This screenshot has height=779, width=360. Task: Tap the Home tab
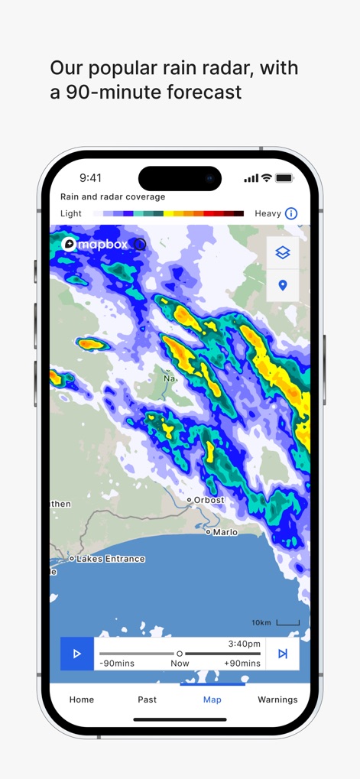point(82,699)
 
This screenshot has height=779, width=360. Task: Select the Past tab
point(148,699)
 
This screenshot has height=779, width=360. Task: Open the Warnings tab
point(277,699)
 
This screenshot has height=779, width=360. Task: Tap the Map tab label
point(212,699)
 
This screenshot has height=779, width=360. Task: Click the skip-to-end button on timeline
point(282,654)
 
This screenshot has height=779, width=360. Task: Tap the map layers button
point(283,253)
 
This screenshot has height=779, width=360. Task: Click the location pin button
point(283,285)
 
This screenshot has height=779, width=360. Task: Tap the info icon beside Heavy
point(291,214)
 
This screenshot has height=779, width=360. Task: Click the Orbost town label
point(209,500)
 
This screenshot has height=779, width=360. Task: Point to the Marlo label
point(225,531)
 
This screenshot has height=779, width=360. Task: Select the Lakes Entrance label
point(111,559)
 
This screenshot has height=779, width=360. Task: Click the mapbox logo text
point(103,244)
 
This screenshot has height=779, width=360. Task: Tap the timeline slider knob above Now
point(180,654)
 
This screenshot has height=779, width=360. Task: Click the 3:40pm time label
point(244,644)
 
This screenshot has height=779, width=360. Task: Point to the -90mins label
point(117,663)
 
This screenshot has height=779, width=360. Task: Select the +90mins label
point(242,663)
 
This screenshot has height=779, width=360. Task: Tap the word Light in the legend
point(71,214)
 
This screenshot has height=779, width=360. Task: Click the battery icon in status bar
point(284,178)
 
